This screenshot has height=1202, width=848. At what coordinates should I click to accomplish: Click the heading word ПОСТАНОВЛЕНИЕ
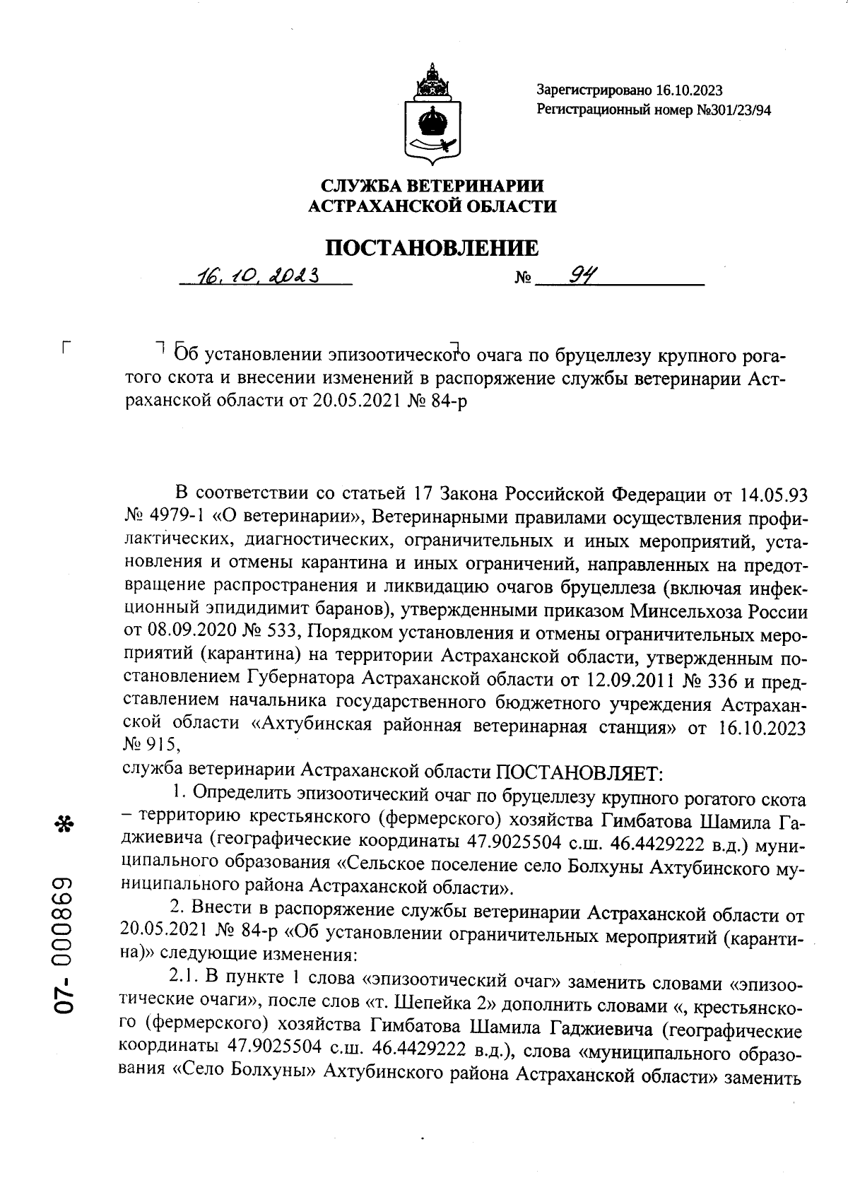[x=432, y=248]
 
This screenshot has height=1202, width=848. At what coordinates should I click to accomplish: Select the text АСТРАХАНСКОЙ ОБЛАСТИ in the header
[x=433, y=206]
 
